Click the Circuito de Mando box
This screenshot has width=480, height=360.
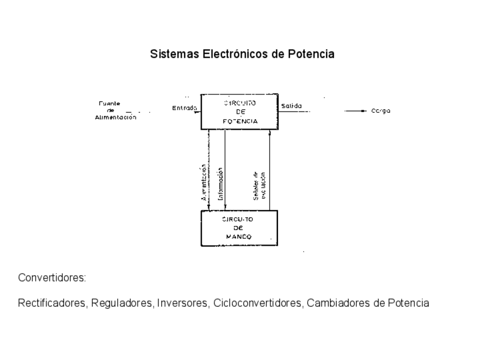239,228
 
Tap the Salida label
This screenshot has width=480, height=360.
292,106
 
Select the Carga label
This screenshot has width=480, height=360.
380,112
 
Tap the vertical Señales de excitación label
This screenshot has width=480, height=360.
259,185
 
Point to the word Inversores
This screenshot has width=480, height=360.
182,303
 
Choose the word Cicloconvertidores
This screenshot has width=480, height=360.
258,303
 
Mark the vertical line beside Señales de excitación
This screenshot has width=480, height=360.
269,170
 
